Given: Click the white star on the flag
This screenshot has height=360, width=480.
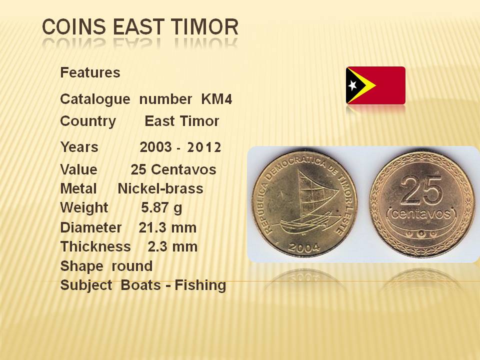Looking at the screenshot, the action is [352, 85].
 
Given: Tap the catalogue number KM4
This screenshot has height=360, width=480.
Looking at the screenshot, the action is [216, 99].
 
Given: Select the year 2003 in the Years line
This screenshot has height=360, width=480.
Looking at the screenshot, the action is [156, 147].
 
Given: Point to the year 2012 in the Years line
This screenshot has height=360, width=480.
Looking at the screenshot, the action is [204, 147].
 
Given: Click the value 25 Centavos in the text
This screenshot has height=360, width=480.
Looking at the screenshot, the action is [173, 169].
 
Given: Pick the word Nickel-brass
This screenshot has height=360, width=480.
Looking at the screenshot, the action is [160, 188].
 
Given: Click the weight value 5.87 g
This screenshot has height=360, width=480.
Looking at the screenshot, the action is [161, 208].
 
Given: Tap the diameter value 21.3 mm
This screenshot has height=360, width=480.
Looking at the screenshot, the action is [168, 228].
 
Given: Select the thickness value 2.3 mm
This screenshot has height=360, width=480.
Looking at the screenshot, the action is [172, 246].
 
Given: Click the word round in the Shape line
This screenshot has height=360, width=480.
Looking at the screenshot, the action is [132, 266].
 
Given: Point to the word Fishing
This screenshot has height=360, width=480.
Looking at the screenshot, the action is [200, 285].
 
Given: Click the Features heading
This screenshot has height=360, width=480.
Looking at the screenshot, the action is [90, 72].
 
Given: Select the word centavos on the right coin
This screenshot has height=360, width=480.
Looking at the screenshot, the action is [421, 213].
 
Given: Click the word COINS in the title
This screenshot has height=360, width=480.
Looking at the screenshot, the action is [73, 26].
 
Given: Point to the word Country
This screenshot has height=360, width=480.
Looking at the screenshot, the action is [88, 121].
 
